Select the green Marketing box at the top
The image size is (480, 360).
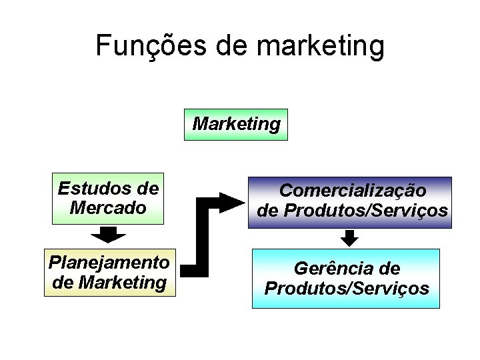pyautogui.click(x=236, y=125)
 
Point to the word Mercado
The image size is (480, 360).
pyautogui.click(x=108, y=207)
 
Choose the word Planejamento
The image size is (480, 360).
pyautogui.click(x=109, y=262)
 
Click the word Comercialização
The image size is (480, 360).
pyautogui.click(x=353, y=191)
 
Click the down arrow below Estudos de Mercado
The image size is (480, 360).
pyautogui.click(x=108, y=234)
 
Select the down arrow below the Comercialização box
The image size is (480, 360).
pyautogui.click(x=349, y=237)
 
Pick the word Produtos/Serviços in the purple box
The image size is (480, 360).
pyautogui.click(x=365, y=211)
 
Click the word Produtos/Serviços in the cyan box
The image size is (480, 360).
pyautogui.click(x=347, y=289)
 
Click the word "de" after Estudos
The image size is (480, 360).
pyautogui.click(x=146, y=189)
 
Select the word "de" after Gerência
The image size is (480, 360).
pyautogui.click(x=389, y=269)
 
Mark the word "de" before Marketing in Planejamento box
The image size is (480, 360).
pyautogui.click(x=63, y=282)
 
